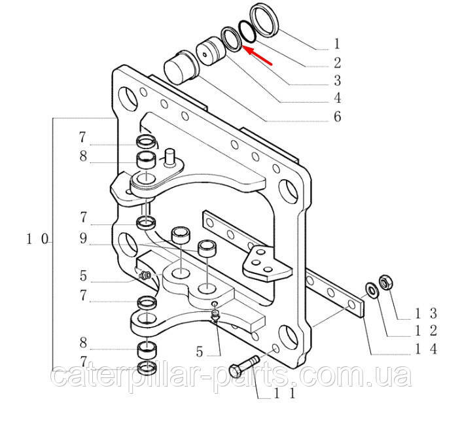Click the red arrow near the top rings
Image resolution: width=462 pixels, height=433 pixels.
[258, 56]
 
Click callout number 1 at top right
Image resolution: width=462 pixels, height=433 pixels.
[337, 44]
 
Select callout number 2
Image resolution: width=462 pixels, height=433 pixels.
[338, 63]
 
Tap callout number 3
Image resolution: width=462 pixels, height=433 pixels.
[338, 80]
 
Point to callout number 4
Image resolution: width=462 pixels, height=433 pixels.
[338, 98]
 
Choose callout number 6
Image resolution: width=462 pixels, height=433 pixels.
[338, 116]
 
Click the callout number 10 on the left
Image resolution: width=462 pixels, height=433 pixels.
[37, 239]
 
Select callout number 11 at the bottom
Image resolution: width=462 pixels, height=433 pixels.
[284, 393]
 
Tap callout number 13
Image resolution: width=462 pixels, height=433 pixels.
[426, 314]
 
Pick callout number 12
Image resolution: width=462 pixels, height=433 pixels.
[426, 331]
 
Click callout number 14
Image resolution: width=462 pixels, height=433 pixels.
[426, 349]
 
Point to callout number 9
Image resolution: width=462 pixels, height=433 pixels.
[83, 239]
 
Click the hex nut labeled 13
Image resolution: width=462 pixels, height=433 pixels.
[385, 282]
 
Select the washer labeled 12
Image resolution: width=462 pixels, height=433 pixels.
[371, 290]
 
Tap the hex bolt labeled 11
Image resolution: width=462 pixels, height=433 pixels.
[244, 366]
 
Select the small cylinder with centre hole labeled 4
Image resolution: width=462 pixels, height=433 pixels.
[211, 52]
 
